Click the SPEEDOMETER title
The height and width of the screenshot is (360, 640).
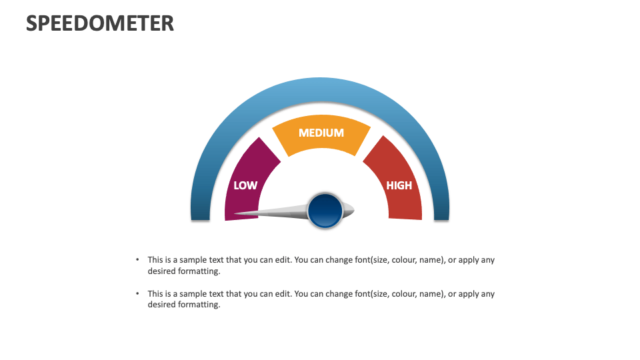pos(100,23)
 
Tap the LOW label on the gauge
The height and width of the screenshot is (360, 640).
pos(245,185)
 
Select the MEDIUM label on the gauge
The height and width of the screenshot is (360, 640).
pos(321,133)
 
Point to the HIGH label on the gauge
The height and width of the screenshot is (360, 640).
pos(399,185)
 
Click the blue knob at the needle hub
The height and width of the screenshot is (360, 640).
pos(325,211)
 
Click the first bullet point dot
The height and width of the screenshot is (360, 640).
pos(137,260)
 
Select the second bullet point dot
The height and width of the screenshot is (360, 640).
pos(137,293)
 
